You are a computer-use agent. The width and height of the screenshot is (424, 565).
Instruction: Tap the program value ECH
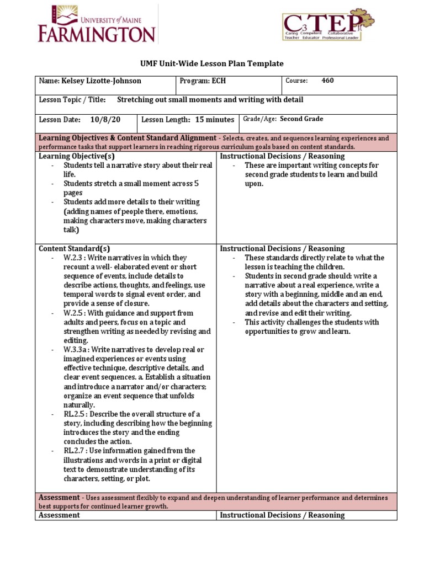219,81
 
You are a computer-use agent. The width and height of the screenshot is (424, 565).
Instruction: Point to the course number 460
327,81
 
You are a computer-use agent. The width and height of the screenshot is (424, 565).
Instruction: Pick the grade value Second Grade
301,119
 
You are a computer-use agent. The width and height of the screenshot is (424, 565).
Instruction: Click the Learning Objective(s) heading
76,156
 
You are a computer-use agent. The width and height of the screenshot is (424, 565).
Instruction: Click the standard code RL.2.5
74,414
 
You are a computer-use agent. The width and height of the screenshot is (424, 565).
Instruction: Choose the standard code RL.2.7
74,451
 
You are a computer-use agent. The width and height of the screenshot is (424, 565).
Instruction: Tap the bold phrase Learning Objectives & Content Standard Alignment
127,137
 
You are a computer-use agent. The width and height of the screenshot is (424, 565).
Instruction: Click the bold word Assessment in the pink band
59,497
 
